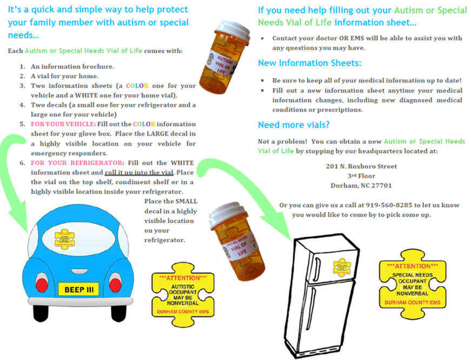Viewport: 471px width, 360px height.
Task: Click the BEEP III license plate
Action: tap(79, 290)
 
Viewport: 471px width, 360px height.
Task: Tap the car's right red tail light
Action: tap(115, 285)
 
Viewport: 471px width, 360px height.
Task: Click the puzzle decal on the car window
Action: tap(65, 239)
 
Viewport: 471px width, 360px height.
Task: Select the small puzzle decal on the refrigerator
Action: tap(342, 267)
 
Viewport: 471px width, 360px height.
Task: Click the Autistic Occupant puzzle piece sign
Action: tap(182, 295)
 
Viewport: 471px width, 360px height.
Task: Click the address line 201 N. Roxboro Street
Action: tap(362, 166)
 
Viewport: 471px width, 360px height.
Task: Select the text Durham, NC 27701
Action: tap(361, 185)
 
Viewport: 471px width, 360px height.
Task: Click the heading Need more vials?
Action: tap(294, 125)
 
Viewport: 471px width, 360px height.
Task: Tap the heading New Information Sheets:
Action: tap(309, 63)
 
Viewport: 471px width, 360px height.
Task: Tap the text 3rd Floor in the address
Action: tap(361, 176)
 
